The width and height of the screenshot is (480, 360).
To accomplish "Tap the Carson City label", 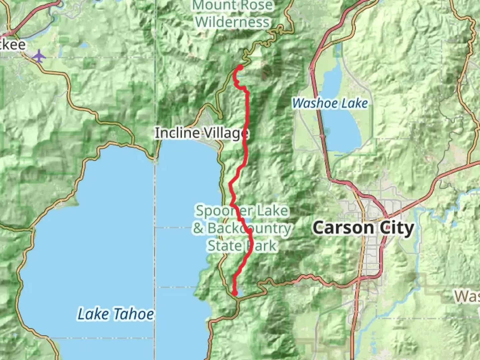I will [364, 228].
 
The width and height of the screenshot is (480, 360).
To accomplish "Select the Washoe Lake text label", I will [330, 103].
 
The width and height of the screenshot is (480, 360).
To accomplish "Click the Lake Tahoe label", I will [116, 314].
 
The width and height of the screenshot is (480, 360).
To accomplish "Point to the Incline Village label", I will [201, 133].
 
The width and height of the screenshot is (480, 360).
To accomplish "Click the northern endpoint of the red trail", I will [240, 67].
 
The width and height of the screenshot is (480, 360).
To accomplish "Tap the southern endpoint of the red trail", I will [235, 293].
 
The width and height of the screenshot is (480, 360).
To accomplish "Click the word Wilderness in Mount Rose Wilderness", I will [232, 22].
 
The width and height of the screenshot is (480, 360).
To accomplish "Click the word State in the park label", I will [224, 246].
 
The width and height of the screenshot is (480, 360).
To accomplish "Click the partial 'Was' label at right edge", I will [467, 296].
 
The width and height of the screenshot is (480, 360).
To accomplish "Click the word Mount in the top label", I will [213, 5].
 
